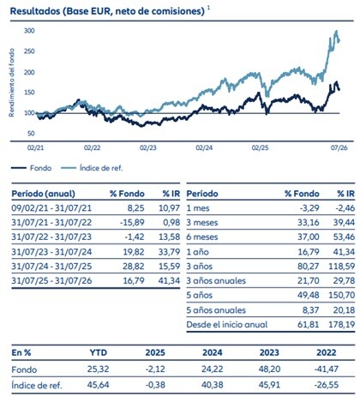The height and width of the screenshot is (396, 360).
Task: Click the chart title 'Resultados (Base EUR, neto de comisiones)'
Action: pyautogui.click(x=107, y=11)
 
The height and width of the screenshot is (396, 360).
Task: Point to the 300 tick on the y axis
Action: pyautogui.click(x=29, y=31)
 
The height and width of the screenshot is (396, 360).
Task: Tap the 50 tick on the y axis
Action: pyautogui.click(x=31, y=134)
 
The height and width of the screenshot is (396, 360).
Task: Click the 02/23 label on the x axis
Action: pyautogui.click(x=148, y=147)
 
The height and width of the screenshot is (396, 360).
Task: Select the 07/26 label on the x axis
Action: pyautogui.click(x=339, y=147)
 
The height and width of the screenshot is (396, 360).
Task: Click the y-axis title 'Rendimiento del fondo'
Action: pyautogui.click(x=11, y=82)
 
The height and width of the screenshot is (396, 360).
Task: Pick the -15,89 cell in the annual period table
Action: pyautogui.click(x=132, y=222)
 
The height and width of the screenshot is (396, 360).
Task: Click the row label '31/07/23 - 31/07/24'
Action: pyautogui.click(x=51, y=252)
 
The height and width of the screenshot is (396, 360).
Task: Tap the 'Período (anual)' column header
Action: pyautogui.click(x=43, y=194)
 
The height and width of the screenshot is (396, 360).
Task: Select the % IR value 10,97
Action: pyautogui.click(x=169, y=208)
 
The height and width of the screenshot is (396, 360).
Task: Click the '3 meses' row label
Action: pyautogui.click(x=202, y=222)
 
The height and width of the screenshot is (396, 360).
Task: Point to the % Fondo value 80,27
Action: pyautogui.click(x=309, y=267)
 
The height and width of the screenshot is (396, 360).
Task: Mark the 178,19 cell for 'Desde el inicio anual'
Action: pyautogui.click(x=342, y=325)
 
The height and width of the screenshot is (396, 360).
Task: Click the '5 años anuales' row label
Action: pyautogui.click(x=216, y=310)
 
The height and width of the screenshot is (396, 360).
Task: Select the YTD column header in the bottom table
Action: pyautogui.click(x=99, y=352)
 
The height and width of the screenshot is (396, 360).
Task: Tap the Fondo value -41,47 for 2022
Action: pyautogui.click(x=327, y=369)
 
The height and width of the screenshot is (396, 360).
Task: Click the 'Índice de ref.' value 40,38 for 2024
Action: pyautogui.click(x=212, y=385)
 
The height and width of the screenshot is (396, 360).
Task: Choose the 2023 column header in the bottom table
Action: pyautogui.click(x=269, y=352)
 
